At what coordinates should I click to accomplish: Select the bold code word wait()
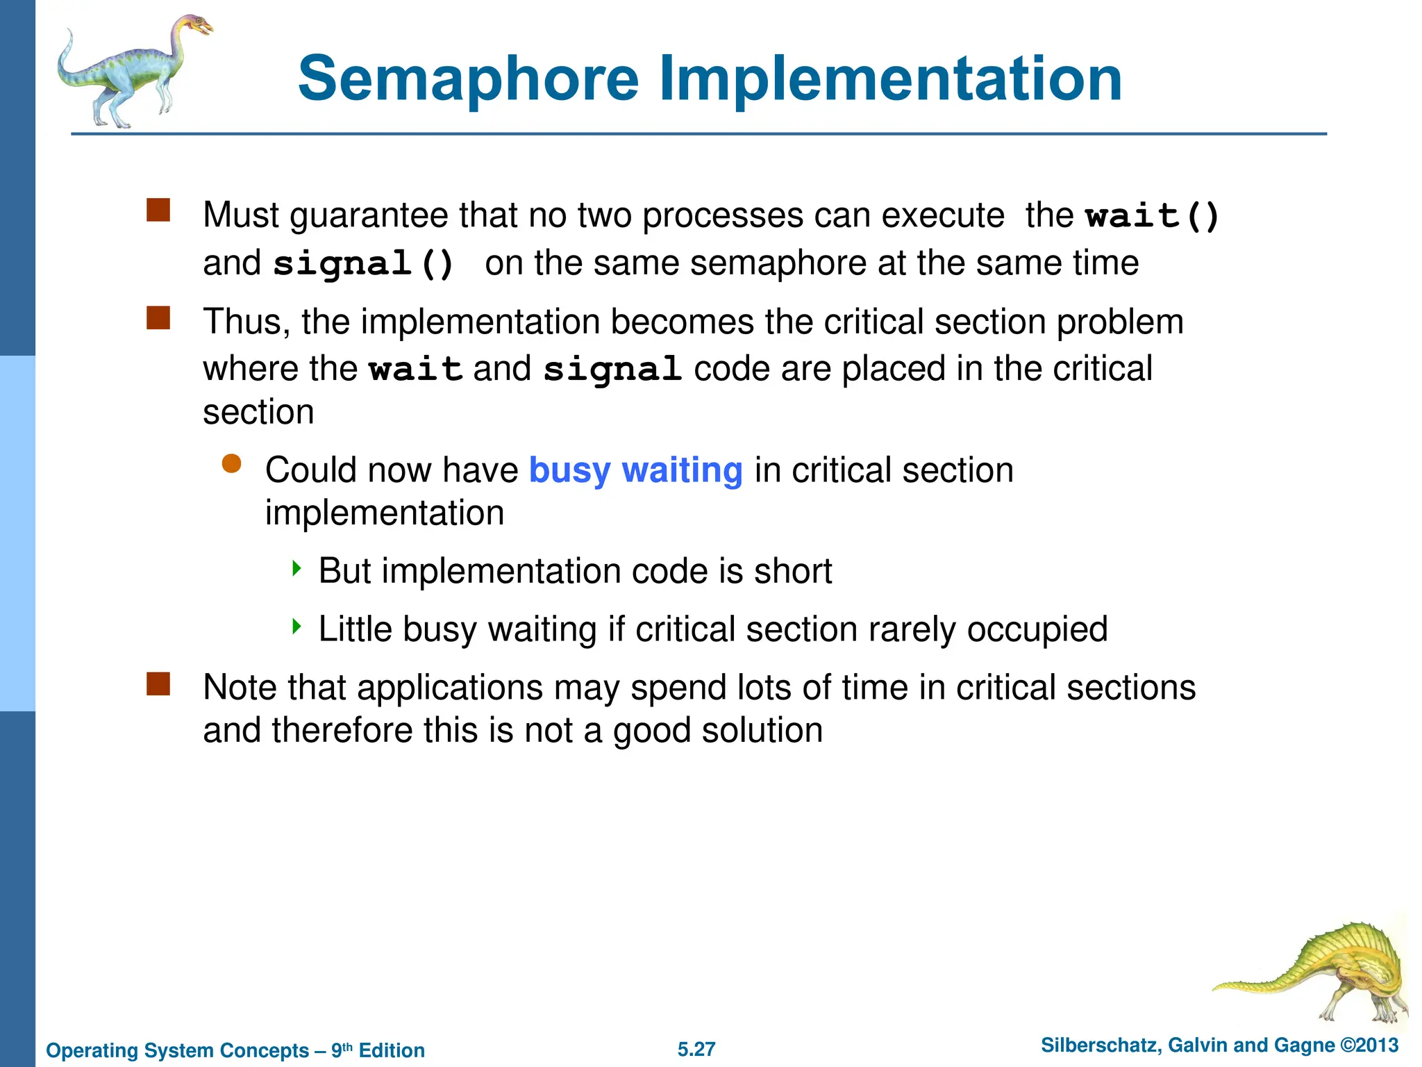pos(1152,215)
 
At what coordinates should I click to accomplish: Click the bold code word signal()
pos(363,264)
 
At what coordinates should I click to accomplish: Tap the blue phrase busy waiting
pos(635,470)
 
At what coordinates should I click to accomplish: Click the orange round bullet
pos(231,464)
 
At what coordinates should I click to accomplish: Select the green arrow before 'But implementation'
pos(296,569)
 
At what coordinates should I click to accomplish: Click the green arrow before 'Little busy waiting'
pos(296,627)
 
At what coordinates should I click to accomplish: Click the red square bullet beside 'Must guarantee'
pos(158,210)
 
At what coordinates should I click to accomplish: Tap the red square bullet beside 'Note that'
pos(158,684)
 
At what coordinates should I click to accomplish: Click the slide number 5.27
pos(696,1049)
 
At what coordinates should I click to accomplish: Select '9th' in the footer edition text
pos(342,1050)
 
